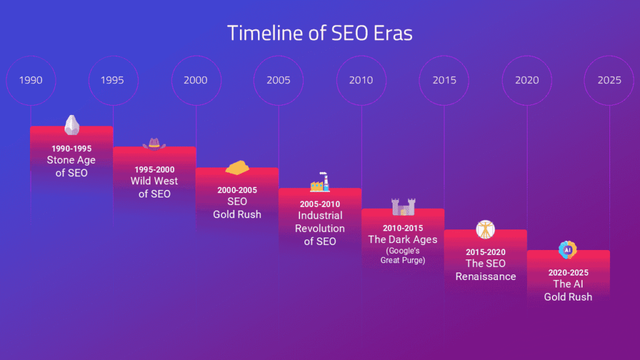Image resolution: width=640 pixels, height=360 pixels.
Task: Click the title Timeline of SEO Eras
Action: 319,32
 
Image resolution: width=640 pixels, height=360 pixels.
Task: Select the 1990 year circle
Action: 31,81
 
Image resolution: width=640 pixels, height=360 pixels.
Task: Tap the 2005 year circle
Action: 278,81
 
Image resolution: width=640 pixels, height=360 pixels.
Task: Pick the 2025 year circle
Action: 609,81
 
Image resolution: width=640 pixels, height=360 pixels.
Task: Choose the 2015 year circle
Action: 444,81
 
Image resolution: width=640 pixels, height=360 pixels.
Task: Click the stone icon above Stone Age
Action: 72,125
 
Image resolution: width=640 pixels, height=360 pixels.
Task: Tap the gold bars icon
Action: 237,167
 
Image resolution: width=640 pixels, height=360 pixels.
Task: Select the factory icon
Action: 319,182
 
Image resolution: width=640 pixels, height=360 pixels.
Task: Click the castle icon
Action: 402,206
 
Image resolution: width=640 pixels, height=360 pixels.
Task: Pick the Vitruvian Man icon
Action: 485,229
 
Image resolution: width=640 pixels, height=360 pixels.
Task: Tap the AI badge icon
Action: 567,250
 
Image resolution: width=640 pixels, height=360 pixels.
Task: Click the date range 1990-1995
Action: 71,149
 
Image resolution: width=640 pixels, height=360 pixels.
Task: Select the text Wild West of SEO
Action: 154,187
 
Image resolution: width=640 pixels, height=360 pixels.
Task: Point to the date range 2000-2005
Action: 237,190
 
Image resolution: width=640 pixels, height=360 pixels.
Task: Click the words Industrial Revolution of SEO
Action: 319,228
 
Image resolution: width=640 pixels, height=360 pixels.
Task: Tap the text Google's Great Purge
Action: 402,256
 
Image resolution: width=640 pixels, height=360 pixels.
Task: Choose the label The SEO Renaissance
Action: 486,270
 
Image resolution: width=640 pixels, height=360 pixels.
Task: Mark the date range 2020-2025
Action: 568,272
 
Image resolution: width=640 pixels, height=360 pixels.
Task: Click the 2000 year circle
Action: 196,81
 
